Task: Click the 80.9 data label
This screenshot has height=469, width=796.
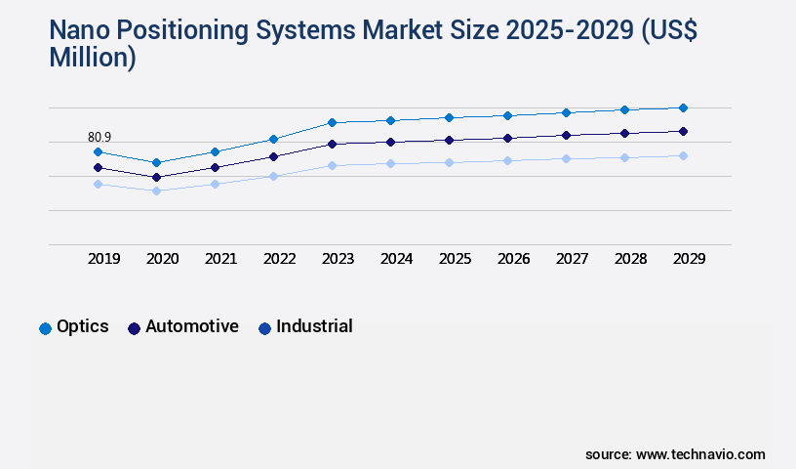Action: pyautogui.click(x=99, y=137)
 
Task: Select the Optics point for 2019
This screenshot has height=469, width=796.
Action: pyautogui.click(x=98, y=151)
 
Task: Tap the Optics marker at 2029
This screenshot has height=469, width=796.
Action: pyautogui.click(x=683, y=107)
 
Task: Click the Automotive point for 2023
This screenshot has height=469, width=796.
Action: pyautogui.click(x=332, y=144)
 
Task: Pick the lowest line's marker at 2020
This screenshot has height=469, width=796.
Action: pyautogui.click(x=156, y=191)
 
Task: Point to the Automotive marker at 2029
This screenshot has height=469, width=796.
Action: pyautogui.click(x=683, y=131)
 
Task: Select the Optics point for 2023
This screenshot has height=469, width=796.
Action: pyautogui.click(x=332, y=122)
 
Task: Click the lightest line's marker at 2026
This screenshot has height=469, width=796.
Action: pyautogui.click(x=507, y=160)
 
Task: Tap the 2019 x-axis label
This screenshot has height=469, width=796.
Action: pyautogui.click(x=103, y=259)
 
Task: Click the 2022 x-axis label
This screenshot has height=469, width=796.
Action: pyautogui.click(x=279, y=259)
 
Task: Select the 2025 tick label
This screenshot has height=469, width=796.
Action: pyautogui.click(x=455, y=259)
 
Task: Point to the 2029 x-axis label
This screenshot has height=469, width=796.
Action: pyautogui.click(x=689, y=259)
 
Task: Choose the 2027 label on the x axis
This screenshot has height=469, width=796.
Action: pyautogui.click(x=572, y=259)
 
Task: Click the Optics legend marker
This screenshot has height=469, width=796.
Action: pyautogui.click(x=45, y=328)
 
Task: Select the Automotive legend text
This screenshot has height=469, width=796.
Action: pyautogui.click(x=191, y=326)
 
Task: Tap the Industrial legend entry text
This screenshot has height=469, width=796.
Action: pyautogui.click(x=314, y=326)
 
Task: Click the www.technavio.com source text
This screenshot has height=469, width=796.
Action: pyautogui.click(x=700, y=454)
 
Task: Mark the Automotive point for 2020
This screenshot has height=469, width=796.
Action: pyautogui.click(x=156, y=177)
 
